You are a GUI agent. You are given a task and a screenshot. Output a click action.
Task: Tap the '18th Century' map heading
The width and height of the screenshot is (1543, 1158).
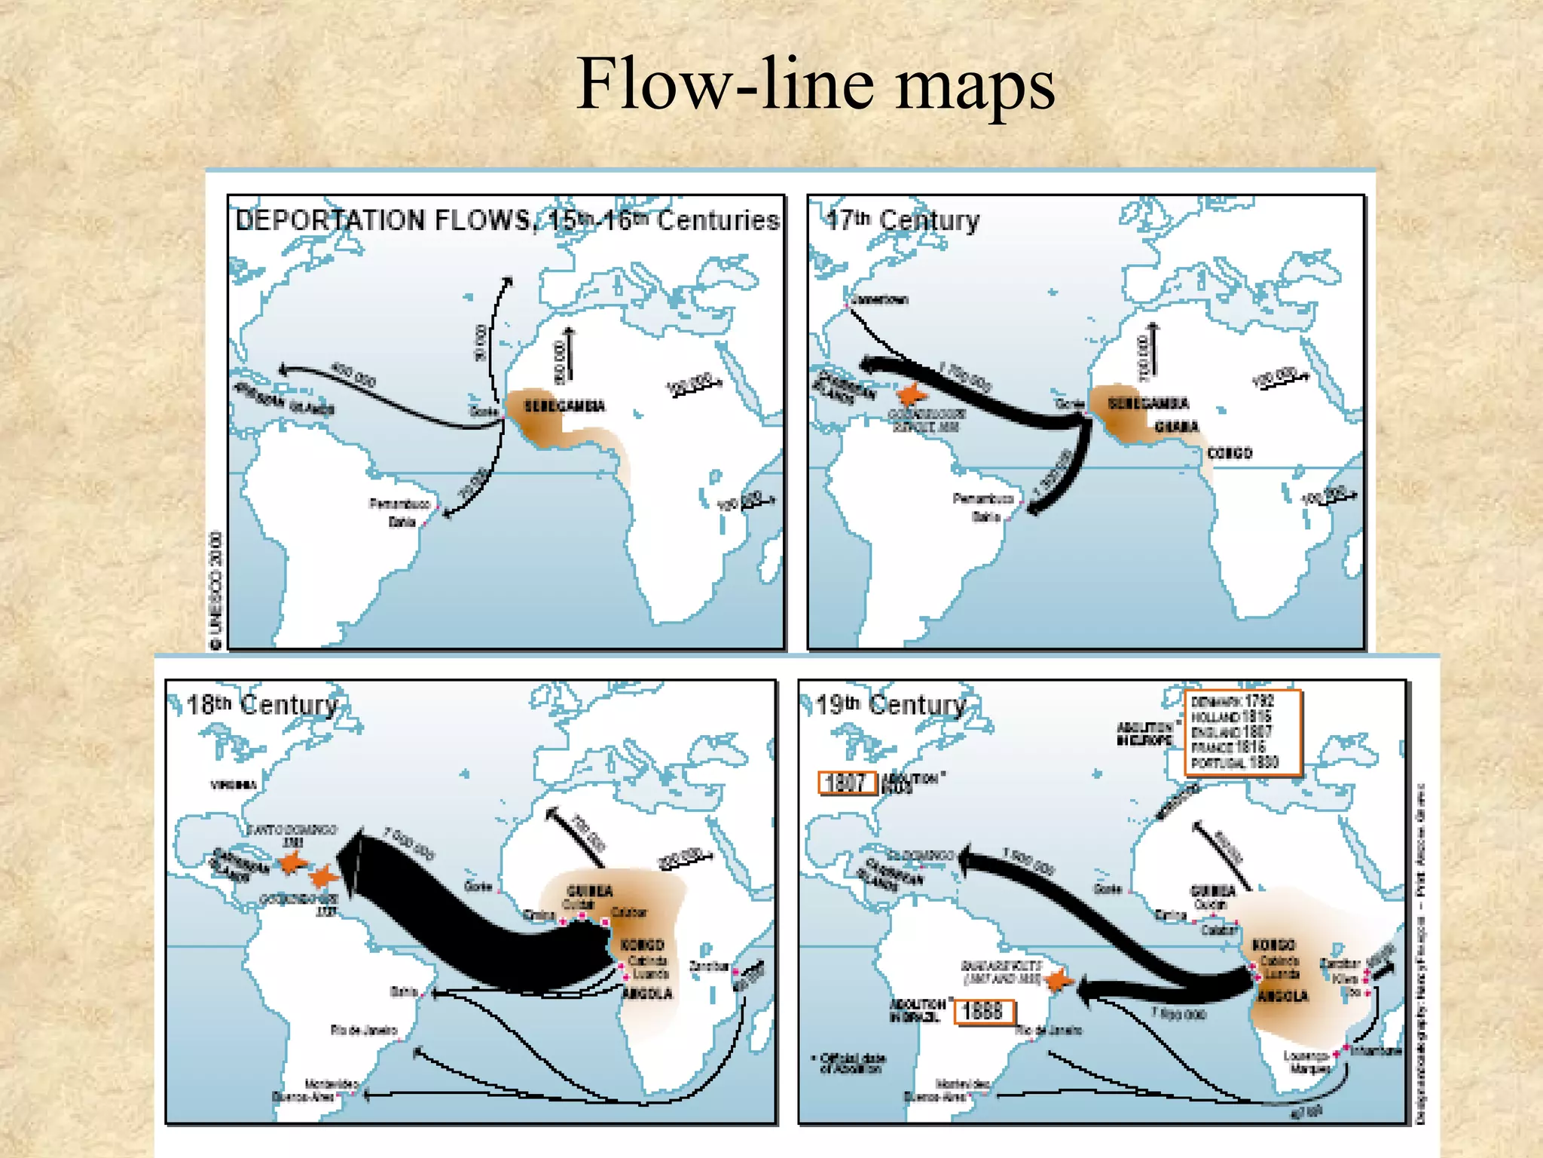point(261,705)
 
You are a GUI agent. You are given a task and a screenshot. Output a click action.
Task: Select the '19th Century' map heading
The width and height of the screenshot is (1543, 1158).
point(891,705)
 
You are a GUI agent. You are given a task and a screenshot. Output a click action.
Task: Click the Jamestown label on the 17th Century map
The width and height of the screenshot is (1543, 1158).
point(881,300)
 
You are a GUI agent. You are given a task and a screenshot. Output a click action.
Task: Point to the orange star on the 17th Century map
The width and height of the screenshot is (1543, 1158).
point(912,394)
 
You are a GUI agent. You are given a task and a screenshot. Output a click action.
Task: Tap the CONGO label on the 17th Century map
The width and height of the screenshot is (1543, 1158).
point(1230,453)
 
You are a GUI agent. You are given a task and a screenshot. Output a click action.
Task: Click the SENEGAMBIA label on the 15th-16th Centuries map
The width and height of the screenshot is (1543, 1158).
point(564,406)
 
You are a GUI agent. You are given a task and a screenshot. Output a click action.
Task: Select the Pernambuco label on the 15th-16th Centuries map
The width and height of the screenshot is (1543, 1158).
point(399,504)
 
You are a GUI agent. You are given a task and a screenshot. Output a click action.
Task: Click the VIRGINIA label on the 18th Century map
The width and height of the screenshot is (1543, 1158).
point(234,785)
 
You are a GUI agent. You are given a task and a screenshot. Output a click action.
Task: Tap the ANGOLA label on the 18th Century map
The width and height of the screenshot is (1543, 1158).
point(647,994)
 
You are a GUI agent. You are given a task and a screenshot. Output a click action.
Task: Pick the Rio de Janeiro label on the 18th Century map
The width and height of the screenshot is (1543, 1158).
point(363,1030)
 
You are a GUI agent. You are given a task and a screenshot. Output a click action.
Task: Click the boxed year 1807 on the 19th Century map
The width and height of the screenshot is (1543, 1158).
point(847,783)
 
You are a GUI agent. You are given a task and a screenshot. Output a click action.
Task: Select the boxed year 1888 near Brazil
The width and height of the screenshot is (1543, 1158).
point(984,1011)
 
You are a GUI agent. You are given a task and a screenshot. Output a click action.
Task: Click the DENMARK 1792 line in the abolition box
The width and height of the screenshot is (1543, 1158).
point(1233,701)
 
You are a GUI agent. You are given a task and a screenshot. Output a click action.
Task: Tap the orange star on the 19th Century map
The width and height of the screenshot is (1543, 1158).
point(1059,980)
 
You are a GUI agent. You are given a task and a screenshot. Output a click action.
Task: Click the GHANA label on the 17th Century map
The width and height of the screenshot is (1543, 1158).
point(1176,427)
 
